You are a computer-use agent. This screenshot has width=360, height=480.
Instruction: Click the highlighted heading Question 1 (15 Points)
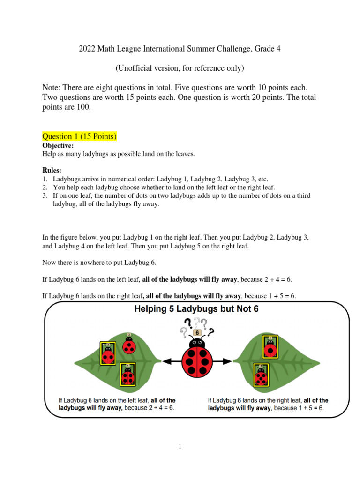(x=79, y=136)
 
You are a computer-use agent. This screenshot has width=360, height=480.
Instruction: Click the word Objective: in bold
(x=58, y=146)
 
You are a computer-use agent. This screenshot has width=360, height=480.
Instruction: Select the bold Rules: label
(x=52, y=170)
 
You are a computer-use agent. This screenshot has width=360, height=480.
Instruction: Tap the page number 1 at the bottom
(x=180, y=447)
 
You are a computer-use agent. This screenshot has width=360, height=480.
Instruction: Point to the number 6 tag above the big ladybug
(x=197, y=332)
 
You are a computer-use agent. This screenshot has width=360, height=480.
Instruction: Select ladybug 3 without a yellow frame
(x=129, y=345)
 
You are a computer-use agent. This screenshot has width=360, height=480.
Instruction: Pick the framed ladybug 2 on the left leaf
(x=108, y=353)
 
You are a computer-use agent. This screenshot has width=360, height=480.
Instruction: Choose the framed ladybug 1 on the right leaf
(x=270, y=346)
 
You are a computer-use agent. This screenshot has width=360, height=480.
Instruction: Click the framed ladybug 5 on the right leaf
(x=261, y=375)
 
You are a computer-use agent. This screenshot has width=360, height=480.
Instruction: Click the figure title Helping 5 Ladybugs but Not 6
(x=196, y=309)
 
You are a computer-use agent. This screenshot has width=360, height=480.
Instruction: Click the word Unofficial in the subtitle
(x=135, y=68)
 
